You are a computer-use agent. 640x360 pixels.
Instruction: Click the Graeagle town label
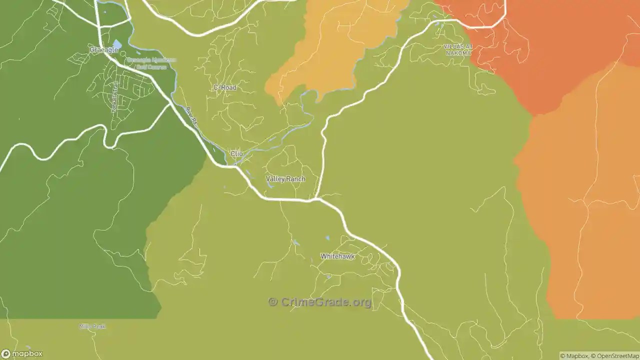click(x=103, y=50)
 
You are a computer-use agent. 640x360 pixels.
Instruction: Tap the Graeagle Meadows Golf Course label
click(x=151, y=63)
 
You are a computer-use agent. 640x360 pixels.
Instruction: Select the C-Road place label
click(x=224, y=87)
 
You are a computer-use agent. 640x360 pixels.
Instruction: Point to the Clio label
click(x=236, y=153)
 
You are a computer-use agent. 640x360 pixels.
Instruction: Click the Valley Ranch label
click(x=285, y=179)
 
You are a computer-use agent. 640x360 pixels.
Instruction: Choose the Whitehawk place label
click(x=337, y=256)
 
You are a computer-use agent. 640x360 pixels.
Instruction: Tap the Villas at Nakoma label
click(x=457, y=49)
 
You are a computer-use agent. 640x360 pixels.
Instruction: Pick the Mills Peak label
click(x=92, y=326)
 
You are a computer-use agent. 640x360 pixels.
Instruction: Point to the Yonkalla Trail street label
click(x=115, y=97)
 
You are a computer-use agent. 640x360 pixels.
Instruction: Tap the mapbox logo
click(x=22, y=353)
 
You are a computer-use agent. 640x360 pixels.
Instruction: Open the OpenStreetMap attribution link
click(x=616, y=356)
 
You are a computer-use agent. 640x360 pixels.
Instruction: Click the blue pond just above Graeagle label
click(x=117, y=44)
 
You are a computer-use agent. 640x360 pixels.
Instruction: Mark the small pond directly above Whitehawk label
click(x=327, y=238)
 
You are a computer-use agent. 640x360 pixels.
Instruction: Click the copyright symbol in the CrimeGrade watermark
click(x=272, y=301)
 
